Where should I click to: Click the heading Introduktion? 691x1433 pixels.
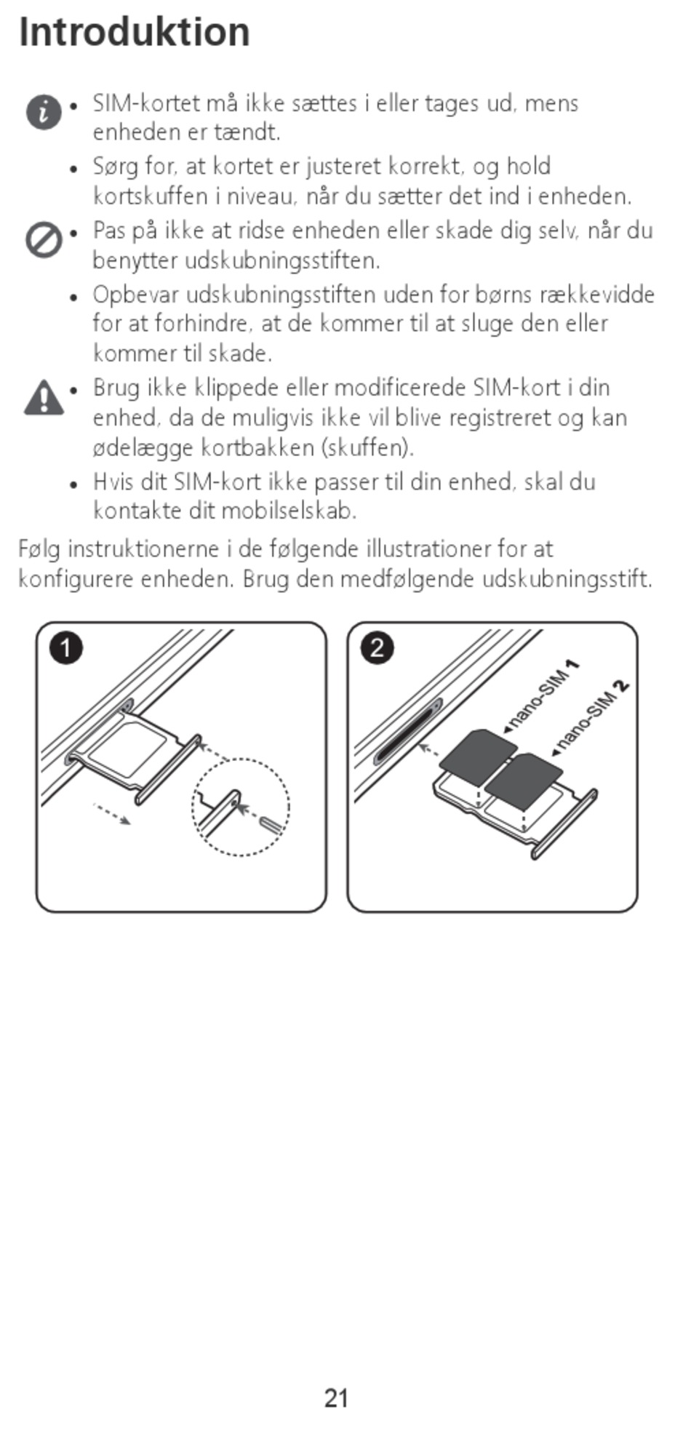(x=134, y=32)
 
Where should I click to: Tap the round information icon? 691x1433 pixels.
(x=44, y=112)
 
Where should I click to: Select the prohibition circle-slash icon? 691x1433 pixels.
(x=44, y=239)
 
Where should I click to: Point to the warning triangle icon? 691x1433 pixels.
(x=44, y=397)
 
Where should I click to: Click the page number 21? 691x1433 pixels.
(x=336, y=1398)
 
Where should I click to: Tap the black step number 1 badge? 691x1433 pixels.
(x=65, y=647)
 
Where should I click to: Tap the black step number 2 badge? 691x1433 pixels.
(x=377, y=647)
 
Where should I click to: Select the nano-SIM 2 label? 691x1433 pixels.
(x=591, y=716)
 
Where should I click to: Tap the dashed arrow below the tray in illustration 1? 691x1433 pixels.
(x=112, y=813)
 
